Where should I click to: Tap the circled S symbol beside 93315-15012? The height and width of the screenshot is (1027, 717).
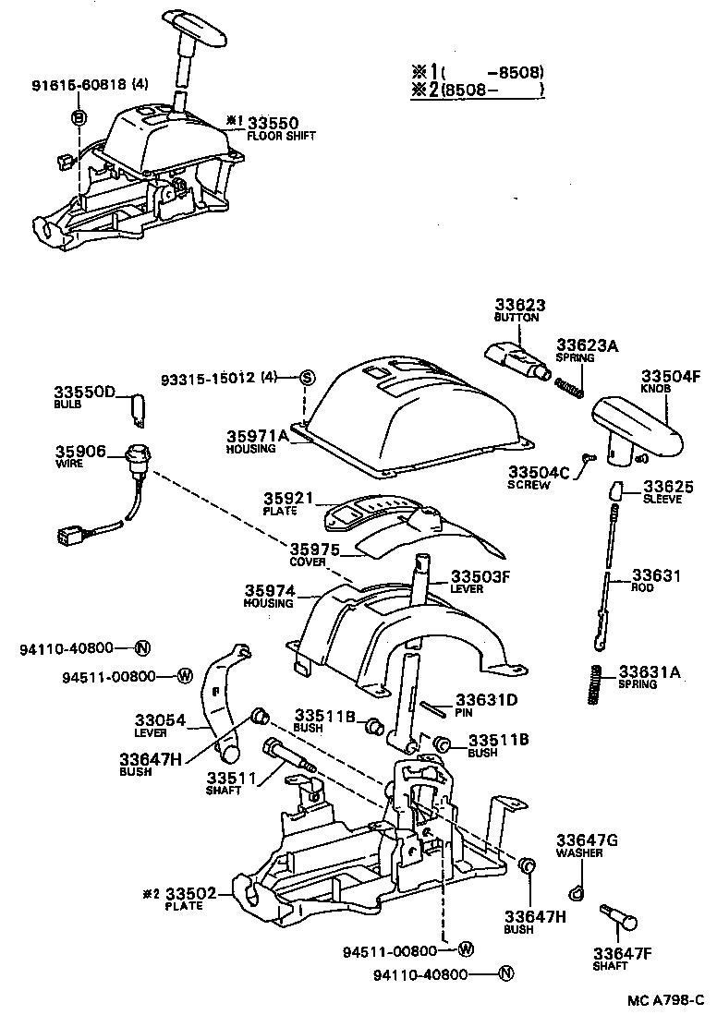309,377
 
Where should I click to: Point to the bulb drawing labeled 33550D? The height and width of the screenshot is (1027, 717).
138,411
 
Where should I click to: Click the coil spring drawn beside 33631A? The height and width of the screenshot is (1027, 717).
597,684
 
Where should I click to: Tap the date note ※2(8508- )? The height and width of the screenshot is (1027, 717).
478,90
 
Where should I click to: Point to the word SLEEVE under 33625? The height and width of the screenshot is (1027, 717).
663,500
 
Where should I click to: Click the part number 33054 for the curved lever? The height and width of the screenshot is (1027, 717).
162,719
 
